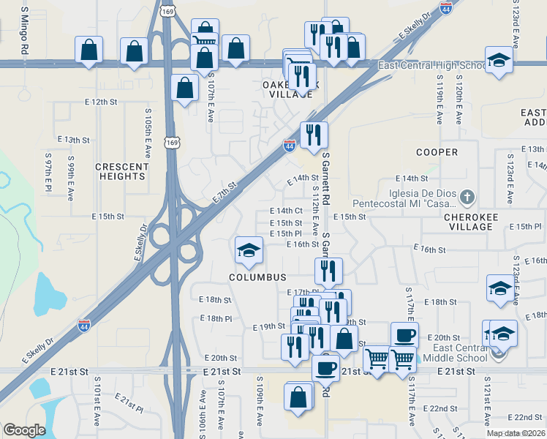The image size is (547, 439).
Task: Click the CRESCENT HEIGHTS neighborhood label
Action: [121, 171]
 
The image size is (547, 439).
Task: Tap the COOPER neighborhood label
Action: [437, 152]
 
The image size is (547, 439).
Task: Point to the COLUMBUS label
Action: [257, 277]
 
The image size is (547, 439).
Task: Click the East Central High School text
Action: [431, 66]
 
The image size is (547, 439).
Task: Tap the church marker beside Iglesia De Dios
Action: [468, 196]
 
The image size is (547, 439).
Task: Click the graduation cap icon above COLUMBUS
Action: [248, 250]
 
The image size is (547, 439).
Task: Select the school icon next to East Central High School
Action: [499, 60]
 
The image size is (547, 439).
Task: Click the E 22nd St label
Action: [443, 408]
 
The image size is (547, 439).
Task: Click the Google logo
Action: [24, 429]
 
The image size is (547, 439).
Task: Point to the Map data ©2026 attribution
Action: [515, 433]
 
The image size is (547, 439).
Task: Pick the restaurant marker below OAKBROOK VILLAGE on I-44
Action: [314, 135]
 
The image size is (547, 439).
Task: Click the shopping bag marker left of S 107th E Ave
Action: [185, 88]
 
